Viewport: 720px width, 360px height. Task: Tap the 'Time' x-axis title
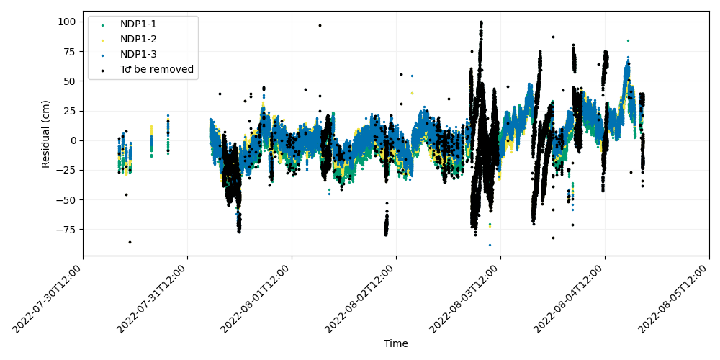tap(396, 343)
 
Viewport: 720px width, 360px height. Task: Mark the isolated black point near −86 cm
tap(130, 242)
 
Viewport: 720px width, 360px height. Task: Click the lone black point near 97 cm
tap(320, 26)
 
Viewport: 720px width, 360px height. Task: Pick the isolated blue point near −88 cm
tap(490, 246)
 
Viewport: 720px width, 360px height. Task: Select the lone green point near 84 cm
tap(628, 40)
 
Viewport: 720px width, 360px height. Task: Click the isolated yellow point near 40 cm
tap(412, 93)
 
